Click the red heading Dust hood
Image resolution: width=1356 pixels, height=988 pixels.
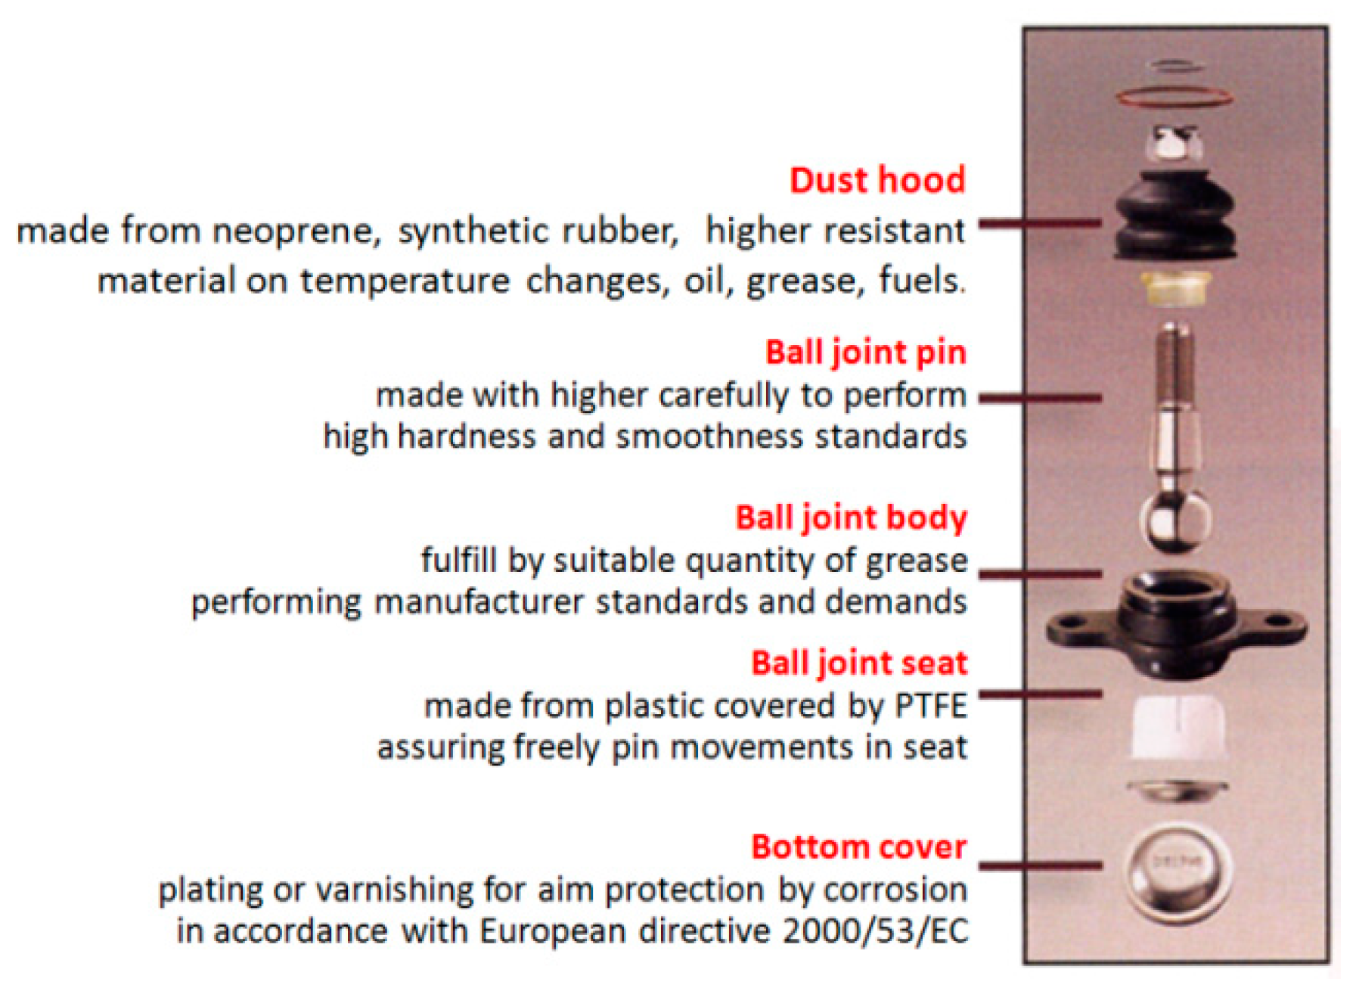coord(877,181)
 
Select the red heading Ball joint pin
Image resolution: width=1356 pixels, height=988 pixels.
coord(866,353)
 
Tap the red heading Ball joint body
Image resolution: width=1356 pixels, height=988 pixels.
coord(852,518)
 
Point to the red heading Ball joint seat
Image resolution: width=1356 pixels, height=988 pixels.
coord(859,663)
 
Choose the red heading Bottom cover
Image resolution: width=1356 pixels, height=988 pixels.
coord(859,847)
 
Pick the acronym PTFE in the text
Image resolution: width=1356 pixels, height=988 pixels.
coord(931,706)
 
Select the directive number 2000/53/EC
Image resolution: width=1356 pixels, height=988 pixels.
coord(875,931)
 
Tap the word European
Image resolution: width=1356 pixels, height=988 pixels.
coord(552,931)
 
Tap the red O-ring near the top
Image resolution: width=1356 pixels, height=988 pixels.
coord(1174,97)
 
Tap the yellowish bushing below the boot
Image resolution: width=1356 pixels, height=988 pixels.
coord(1174,288)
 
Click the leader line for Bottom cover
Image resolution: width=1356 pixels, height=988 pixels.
coord(1040,865)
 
